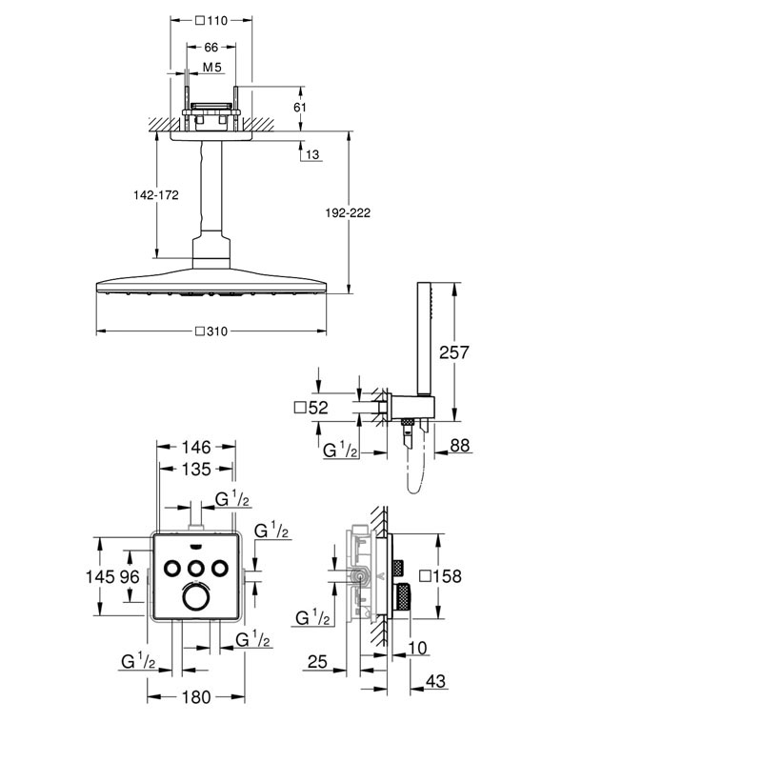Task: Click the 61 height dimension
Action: [x=299, y=108]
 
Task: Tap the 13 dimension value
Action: [x=313, y=155]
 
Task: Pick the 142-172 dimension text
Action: [x=158, y=194]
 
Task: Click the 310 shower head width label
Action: [x=213, y=331]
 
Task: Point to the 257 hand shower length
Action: [x=454, y=352]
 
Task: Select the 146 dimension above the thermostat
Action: [x=195, y=447]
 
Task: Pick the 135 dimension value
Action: [x=195, y=469]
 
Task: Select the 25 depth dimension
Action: [x=319, y=661]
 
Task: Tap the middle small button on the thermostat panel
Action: [x=196, y=568]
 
